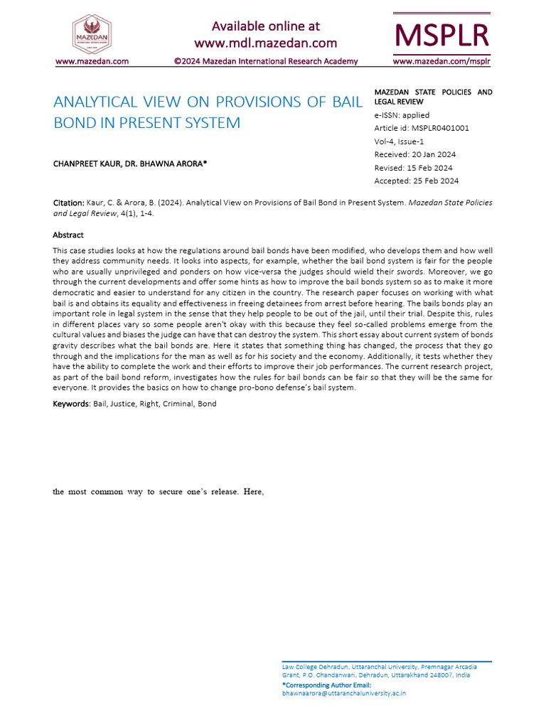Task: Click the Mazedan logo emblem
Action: tap(92, 32)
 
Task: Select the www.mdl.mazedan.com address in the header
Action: tap(266, 43)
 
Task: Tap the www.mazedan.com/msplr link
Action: tap(441, 61)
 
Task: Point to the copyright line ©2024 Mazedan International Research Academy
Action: tap(266, 61)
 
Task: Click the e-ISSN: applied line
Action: tap(402, 115)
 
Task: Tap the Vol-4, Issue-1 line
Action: tap(400, 141)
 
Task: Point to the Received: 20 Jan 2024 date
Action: tap(415, 154)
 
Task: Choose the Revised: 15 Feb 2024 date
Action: tap(413, 168)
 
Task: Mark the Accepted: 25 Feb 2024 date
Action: tap(416, 181)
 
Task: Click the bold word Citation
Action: tap(69, 203)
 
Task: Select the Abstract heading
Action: tap(68, 235)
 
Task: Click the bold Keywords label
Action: tap(70, 404)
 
